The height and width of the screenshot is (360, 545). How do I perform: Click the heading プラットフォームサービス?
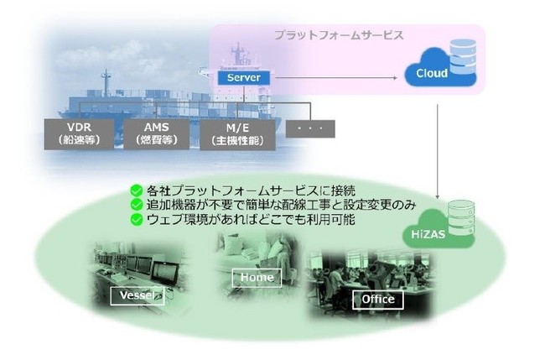pyautogui.click(x=339, y=36)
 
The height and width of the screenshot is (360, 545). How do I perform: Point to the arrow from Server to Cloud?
pyautogui.click(x=335, y=78)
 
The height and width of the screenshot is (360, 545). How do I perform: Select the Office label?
pyautogui.click(x=377, y=299)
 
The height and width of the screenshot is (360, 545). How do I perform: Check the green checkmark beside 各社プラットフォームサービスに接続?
pyautogui.click(x=133, y=190)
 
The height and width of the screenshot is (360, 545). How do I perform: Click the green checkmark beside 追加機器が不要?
pyautogui.click(x=133, y=205)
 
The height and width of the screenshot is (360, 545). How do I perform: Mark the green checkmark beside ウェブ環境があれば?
pyautogui.click(x=133, y=220)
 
